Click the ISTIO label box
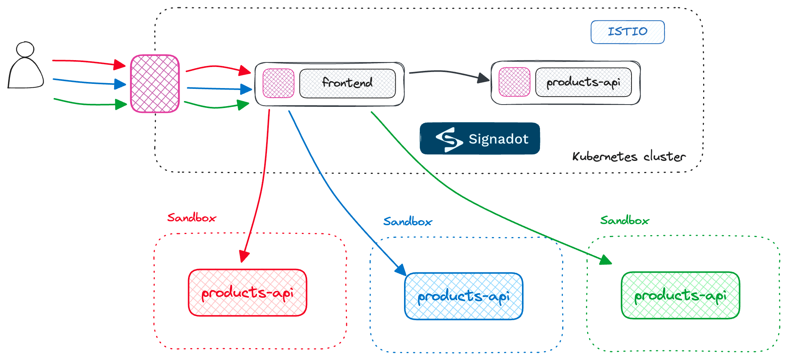click(x=627, y=32)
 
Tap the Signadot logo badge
click(x=479, y=139)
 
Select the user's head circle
click(x=25, y=49)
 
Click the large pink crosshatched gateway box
click(x=155, y=83)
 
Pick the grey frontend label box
click(x=347, y=83)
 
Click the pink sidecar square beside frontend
click(x=278, y=83)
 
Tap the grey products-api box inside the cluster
click(x=583, y=82)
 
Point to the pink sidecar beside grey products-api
click(x=514, y=82)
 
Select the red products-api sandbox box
click(x=247, y=293)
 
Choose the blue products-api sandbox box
click(x=463, y=296)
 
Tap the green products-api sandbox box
click(x=680, y=295)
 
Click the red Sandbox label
click(x=191, y=218)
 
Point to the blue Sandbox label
click(x=407, y=221)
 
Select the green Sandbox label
click(x=624, y=220)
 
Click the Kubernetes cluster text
click(x=629, y=157)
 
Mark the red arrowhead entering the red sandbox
click(x=244, y=257)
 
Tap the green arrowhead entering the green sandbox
click(x=606, y=260)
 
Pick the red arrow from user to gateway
click(x=88, y=62)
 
